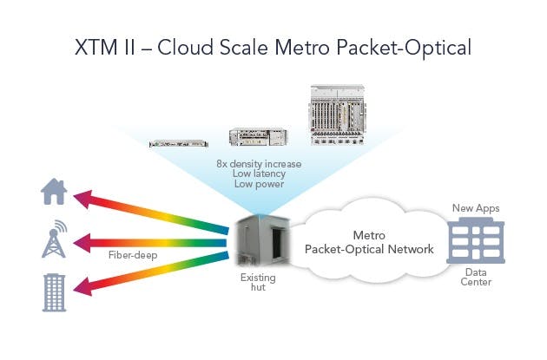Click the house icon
[x=54, y=192]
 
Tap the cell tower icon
[x=54, y=239]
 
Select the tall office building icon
[x=54, y=292]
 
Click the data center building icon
[x=476, y=241]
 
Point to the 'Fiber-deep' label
[x=133, y=255]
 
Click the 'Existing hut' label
[x=258, y=282]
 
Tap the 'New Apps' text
[x=476, y=208]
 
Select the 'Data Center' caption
[x=476, y=277]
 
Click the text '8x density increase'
[x=259, y=164]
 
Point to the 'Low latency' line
[x=259, y=173]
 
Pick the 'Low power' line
[x=259, y=184]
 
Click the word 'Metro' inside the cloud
[x=369, y=235]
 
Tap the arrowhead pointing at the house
[x=83, y=199]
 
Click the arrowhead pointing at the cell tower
[x=82, y=243]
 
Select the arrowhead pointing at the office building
[x=83, y=287]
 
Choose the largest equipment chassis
[x=338, y=115]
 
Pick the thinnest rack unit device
[x=179, y=143]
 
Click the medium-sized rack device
[x=258, y=137]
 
